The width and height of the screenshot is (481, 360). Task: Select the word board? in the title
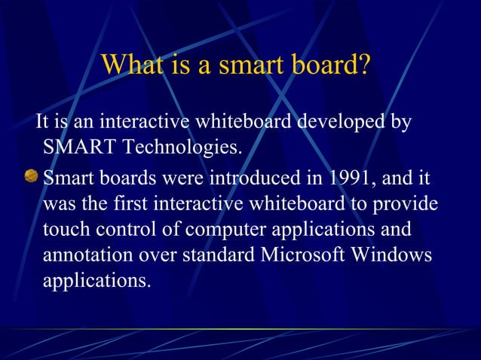[x=332, y=66]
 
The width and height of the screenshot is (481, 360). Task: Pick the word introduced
[x=259, y=180]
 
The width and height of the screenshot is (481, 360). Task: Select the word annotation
[x=90, y=255]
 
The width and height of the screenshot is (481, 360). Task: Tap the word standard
[x=214, y=255]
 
